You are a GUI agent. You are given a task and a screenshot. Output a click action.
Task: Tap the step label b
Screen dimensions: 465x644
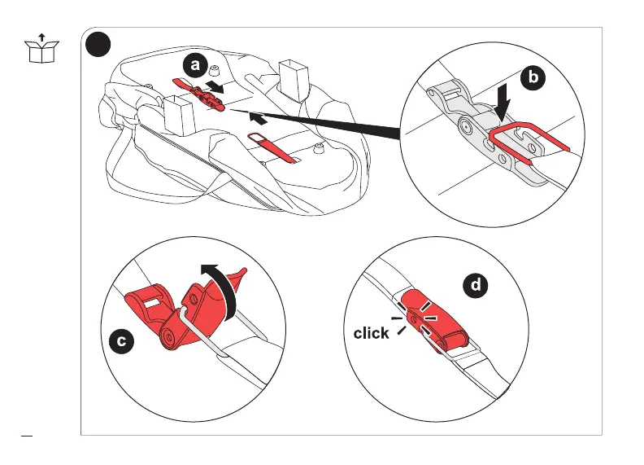(x=533, y=77)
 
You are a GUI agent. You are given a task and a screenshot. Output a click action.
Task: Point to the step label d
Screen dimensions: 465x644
(x=476, y=285)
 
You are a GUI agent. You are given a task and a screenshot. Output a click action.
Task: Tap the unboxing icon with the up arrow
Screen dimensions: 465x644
(x=41, y=49)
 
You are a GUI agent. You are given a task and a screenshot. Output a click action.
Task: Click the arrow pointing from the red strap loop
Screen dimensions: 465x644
(x=259, y=119)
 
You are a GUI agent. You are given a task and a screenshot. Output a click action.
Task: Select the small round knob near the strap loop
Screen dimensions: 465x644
(x=318, y=147)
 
